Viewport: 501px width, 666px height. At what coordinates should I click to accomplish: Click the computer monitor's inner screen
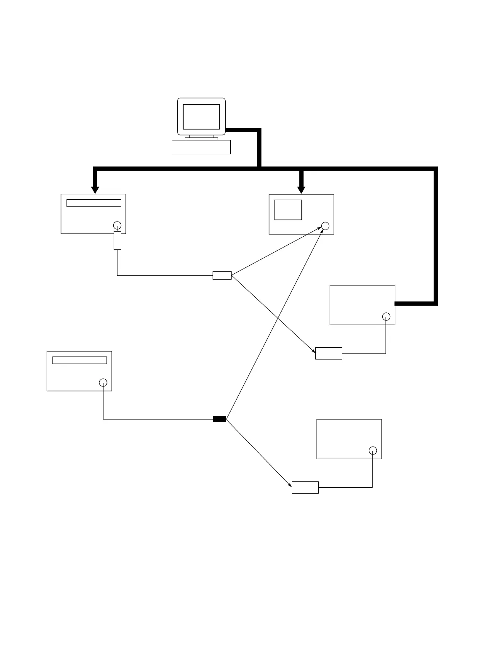click(201, 117)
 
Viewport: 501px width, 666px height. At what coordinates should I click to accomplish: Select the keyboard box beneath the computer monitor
click(201, 147)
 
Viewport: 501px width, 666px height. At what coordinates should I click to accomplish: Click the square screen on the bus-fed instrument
click(288, 209)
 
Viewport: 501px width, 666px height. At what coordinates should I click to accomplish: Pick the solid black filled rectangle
click(219, 419)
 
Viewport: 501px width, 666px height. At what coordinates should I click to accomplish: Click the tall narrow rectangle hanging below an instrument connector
click(117, 240)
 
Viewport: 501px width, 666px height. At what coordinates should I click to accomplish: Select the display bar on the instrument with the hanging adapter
click(94, 203)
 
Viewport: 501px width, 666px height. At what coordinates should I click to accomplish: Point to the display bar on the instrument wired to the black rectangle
click(79, 360)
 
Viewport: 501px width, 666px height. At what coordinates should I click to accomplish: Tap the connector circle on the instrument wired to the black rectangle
click(103, 383)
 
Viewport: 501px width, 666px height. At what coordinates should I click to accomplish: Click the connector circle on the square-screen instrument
click(325, 226)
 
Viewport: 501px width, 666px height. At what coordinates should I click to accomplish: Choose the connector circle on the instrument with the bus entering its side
click(386, 317)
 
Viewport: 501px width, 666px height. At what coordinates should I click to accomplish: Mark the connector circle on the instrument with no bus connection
click(373, 450)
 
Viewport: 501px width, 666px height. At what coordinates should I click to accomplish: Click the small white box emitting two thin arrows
click(222, 275)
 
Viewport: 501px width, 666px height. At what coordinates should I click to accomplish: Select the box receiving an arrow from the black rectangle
click(305, 487)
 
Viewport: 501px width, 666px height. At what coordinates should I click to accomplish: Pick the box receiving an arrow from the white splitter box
click(329, 353)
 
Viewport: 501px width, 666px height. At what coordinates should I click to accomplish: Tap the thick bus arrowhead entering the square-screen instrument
click(301, 189)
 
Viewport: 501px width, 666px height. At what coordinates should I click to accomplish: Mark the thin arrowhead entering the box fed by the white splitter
click(313, 350)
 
